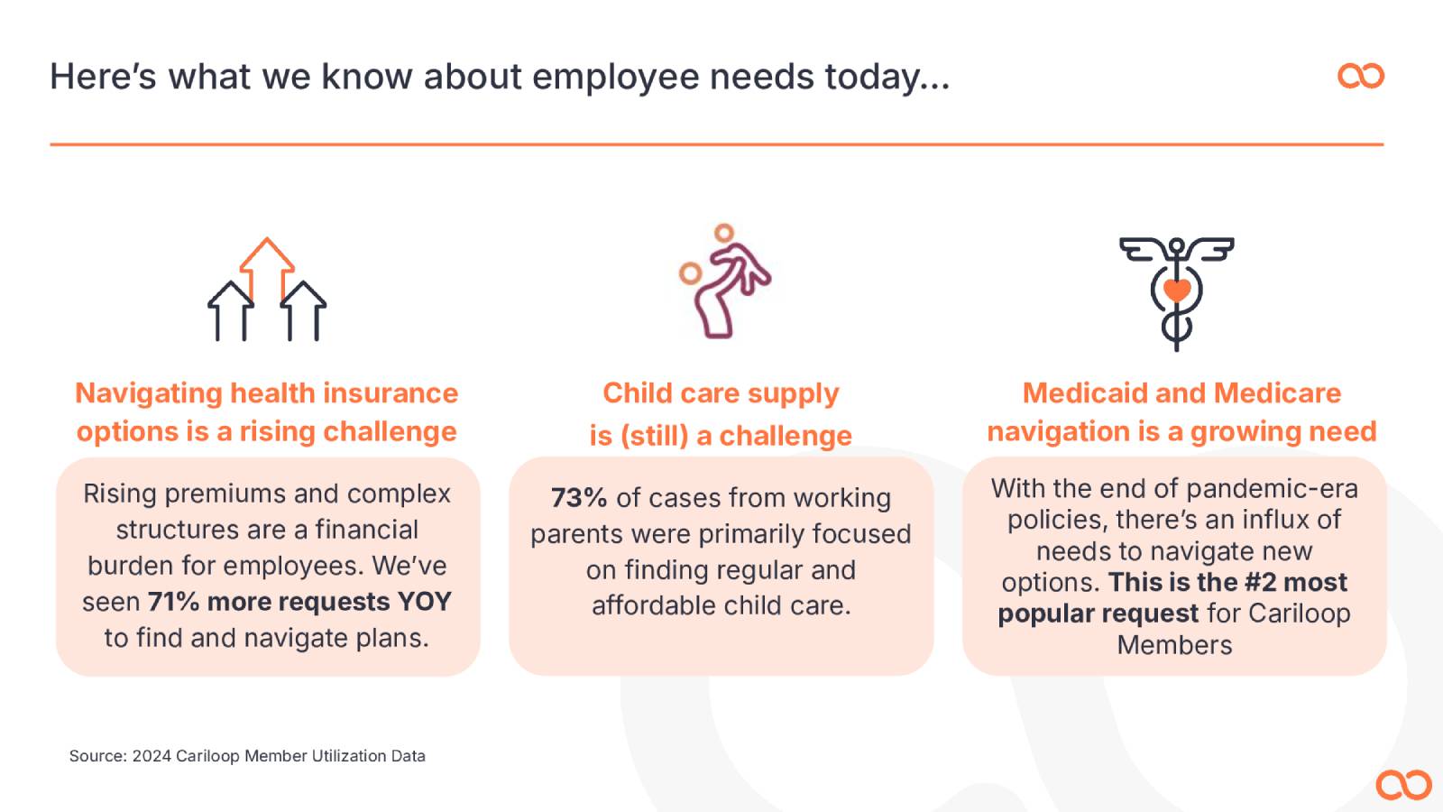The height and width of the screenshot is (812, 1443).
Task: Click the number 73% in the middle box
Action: [578, 498]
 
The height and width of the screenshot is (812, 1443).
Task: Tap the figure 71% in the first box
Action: [173, 602]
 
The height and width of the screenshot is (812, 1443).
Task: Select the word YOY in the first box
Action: [425, 602]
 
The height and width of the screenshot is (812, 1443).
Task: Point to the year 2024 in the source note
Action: [152, 756]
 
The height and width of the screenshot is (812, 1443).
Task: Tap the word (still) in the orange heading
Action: [655, 437]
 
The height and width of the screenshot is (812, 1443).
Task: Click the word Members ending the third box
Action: [1174, 645]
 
